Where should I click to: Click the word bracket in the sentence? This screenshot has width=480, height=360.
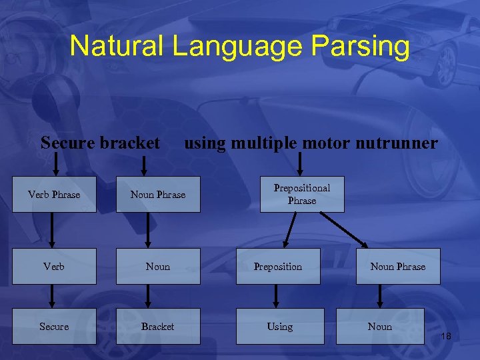[x=130, y=143]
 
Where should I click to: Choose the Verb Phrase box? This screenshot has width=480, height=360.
[x=54, y=195]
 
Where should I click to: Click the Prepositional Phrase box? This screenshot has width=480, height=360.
[x=302, y=194]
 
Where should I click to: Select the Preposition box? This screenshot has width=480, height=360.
[x=278, y=267]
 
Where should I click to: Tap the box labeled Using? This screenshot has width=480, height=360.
[x=280, y=327]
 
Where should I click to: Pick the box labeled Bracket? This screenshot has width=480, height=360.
[x=158, y=327]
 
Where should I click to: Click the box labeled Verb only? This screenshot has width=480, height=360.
[x=54, y=267]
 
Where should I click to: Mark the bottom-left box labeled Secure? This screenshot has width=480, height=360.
[x=54, y=327]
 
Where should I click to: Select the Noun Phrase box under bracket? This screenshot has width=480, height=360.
[x=158, y=195]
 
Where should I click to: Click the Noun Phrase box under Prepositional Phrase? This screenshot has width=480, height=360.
[x=398, y=267]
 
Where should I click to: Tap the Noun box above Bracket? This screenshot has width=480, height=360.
[x=158, y=267]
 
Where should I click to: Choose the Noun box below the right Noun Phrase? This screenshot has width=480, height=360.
[x=380, y=327]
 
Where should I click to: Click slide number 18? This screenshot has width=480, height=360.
[x=446, y=337]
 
